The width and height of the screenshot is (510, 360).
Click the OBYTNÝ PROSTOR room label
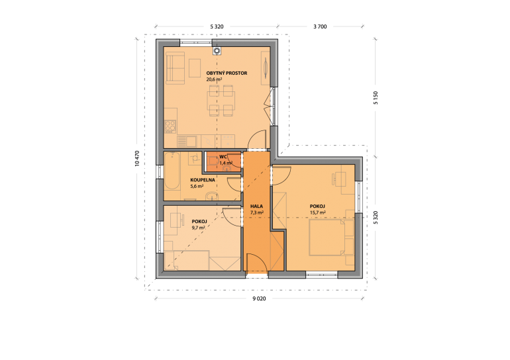227,73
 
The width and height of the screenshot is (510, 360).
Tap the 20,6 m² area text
214,79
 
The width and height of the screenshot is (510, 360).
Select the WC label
223,157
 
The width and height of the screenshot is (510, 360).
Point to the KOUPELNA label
203,180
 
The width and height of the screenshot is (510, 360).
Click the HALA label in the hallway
256,206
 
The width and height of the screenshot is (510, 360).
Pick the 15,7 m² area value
318,212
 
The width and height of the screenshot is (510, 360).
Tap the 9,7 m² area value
199,228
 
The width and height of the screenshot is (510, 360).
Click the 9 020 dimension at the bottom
259,298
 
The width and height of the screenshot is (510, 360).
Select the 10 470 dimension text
137,159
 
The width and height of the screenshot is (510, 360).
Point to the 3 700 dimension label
320,26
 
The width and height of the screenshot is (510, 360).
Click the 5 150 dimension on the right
376,98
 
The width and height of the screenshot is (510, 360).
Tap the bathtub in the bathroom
172,171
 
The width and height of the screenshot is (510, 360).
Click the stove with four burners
170,126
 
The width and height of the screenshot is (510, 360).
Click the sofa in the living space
175,68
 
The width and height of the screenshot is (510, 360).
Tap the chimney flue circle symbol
217,51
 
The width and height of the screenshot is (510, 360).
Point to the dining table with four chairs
221,101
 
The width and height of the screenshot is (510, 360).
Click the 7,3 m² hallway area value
256,212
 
